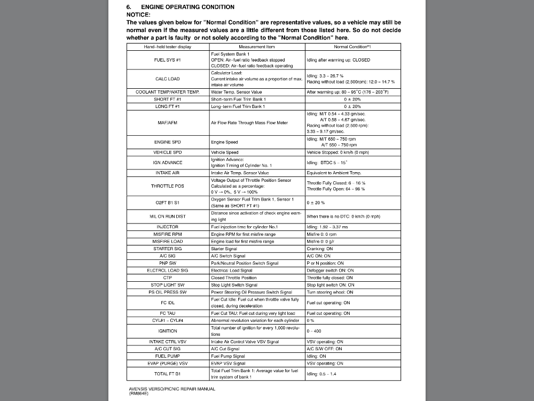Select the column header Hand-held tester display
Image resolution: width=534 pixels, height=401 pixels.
coord(168,47)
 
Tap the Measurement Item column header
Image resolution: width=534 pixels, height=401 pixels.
coord(258,47)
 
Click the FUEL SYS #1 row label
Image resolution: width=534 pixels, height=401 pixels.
coord(168,60)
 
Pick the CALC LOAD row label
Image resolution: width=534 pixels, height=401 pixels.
coord(168,79)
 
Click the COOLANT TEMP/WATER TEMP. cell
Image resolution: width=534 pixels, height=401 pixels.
coord(168,92)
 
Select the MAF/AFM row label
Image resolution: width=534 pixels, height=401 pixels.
coord(168,122)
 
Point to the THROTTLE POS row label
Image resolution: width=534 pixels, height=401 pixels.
coord(168,186)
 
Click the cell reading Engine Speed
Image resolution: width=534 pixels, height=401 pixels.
coord(225,142)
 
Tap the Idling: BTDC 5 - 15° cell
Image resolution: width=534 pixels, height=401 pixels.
coord(327,163)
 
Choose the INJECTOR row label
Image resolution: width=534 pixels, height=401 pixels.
coord(168,227)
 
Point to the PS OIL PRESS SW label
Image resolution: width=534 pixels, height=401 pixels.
coord(168,292)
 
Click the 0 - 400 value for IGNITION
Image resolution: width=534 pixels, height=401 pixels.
coord(314,331)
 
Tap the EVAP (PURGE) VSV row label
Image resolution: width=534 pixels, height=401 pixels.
coord(168,363)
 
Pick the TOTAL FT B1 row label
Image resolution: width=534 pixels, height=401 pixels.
coord(168,373)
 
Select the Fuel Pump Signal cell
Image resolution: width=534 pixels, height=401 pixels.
coord(228,356)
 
